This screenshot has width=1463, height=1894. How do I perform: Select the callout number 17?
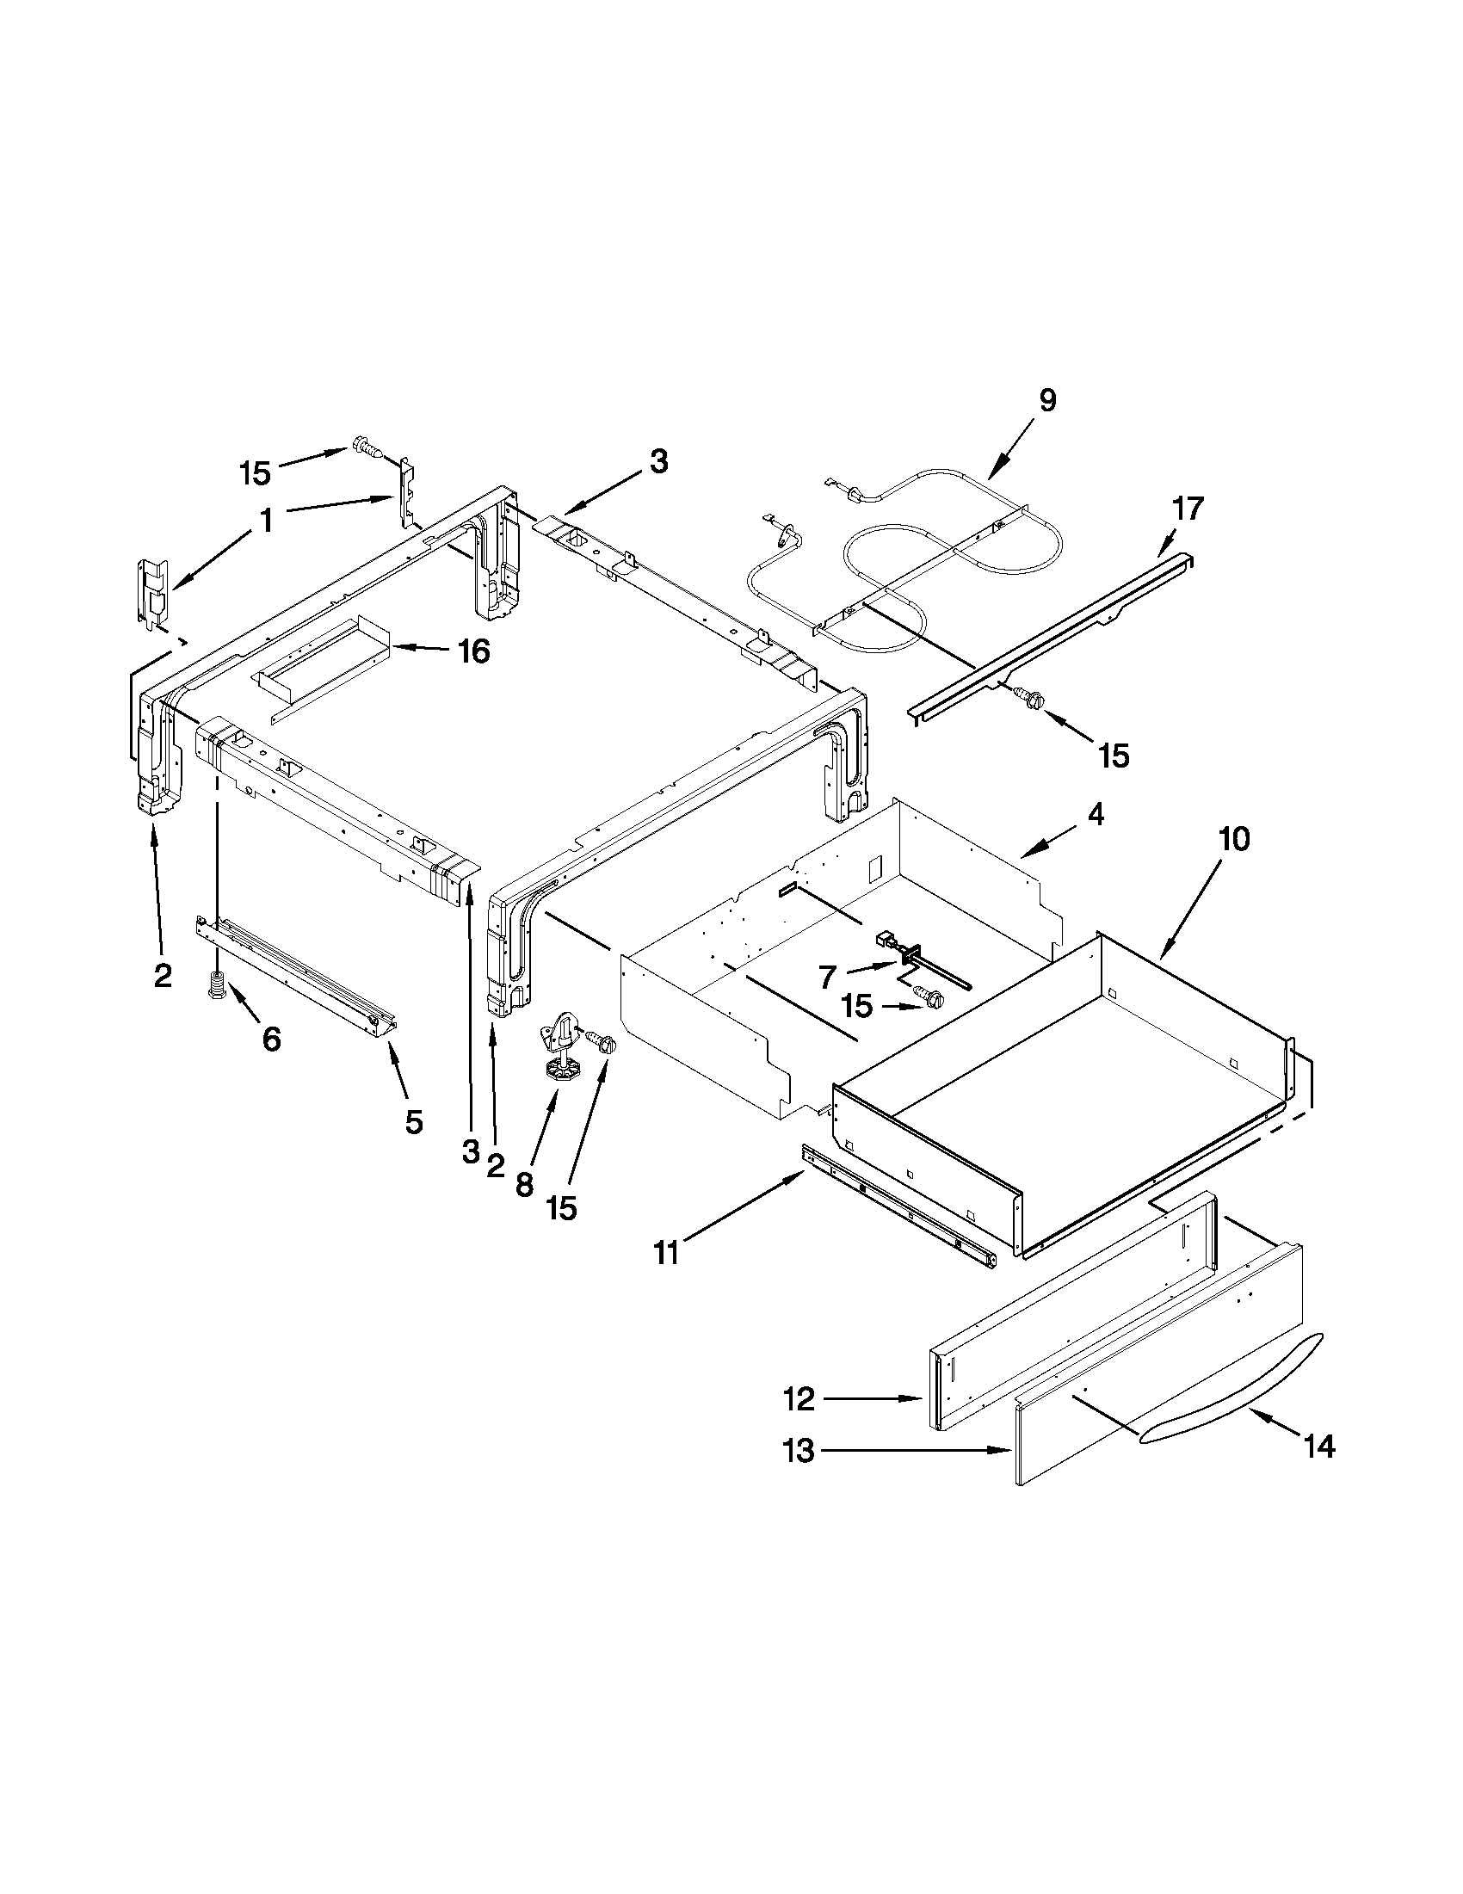coord(1188,509)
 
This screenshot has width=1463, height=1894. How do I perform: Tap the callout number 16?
coord(473,651)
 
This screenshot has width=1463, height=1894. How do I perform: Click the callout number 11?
coord(666,1253)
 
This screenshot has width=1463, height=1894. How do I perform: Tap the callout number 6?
coord(271,1038)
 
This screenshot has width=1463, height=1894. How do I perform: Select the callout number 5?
coord(414,1121)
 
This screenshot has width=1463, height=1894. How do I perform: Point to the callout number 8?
coord(524,1185)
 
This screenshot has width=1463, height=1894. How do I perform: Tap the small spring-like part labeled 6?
coord(216,986)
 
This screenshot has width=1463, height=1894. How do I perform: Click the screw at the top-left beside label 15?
coord(367,449)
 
